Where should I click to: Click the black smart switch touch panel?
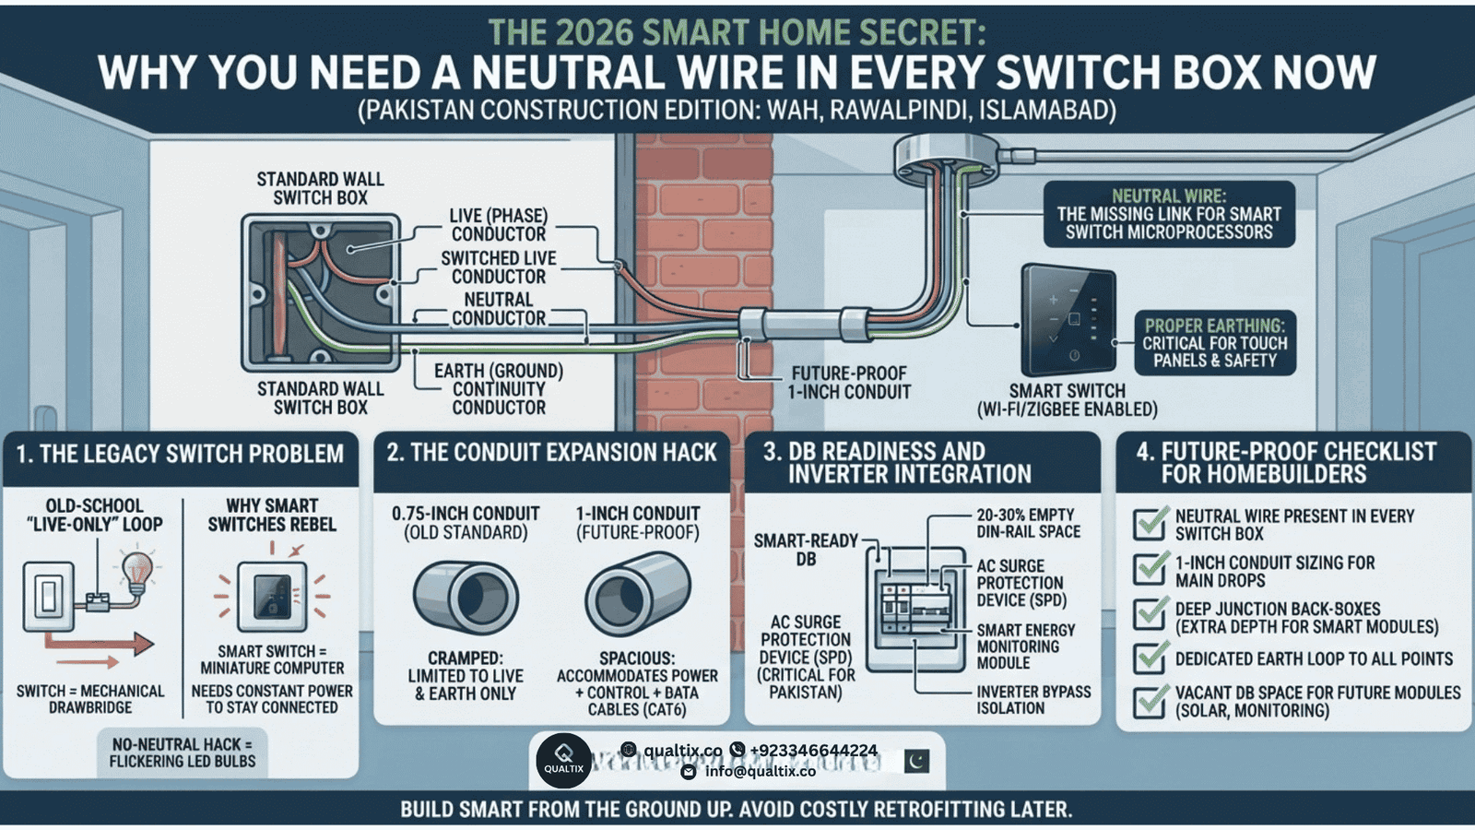click(x=1068, y=321)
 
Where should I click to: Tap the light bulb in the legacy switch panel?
click(x=138, y=571)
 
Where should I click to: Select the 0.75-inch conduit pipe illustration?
click(x=466, y=599)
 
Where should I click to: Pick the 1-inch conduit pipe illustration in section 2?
click(x=637, y=594)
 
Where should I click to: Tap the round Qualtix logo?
click(x=563, y=760)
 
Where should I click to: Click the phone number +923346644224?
click(x=813, y=751)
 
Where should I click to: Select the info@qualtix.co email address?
click(x=760, y=771)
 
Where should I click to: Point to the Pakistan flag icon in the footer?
click(x=916, y=762)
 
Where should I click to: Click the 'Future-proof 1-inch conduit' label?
click(x=849, y=383)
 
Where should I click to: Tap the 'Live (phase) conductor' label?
click(x=499, y=225)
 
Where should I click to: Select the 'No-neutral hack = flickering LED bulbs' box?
click(x=183, y=753)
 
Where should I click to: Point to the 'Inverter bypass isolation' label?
click(x=1033, y=700)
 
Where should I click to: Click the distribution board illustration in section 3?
click(x=916, y=610)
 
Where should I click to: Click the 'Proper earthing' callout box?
click(x=1215, y=342)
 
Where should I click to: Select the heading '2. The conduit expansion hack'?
click(x=551, y=453)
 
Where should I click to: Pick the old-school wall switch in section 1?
click(x=49, y=597)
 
